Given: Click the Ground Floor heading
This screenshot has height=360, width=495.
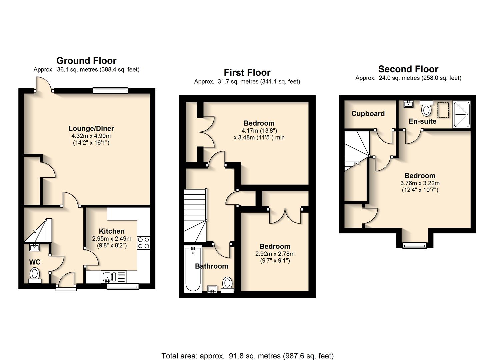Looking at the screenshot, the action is [x=86, y=61].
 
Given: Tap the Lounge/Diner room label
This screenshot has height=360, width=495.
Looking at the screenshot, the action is [x=91, y=128].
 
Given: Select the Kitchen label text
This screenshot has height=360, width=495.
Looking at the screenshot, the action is [x=112, y=231].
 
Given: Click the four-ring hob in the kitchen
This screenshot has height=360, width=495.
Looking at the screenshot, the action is [x=143, y=243].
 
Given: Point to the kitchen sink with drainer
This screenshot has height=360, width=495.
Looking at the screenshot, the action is [x=114, y=277].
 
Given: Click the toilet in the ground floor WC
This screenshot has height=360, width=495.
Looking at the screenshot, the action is [x=35, y=275].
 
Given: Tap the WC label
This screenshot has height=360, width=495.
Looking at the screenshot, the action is [x=35, y=262].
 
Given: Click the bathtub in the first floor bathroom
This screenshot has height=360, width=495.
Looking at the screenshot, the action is [x=193, y=269].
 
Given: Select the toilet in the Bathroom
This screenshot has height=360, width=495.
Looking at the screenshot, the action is [x=227, y=285].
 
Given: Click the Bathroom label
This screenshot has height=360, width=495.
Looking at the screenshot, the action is [x=211, y=266].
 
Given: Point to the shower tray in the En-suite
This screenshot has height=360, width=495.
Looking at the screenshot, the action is [x=461, y=114].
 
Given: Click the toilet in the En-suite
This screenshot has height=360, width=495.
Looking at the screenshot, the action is [x=426, y=108].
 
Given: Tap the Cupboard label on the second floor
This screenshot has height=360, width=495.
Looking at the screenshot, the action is [x=368, y=114].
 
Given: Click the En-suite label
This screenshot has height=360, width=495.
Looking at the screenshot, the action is [x=423, y=121].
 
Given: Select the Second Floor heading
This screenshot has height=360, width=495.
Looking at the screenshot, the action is [x=408, y=69].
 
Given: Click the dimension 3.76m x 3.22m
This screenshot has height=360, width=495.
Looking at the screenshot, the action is [x=420, y=183].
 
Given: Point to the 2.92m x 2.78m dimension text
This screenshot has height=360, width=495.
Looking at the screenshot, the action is [x=275, y=254].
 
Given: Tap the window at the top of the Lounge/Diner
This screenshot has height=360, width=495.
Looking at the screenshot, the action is [x=110, y=90].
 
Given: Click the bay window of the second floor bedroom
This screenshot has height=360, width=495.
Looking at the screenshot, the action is [x=414, y=246].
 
